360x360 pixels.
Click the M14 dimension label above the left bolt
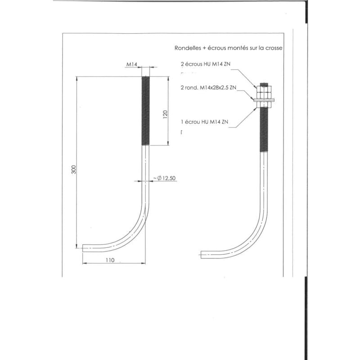pyautogui.click(x=131, y=65)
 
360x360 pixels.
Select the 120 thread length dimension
pyautogui.click(x=166, y=115)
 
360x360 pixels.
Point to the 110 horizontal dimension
pyautogui.click(x=110, y=260)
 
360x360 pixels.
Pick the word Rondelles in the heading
pyautogui.click(x=188, y=47)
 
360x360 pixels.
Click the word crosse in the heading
pyautogui.click(x=274, y=47)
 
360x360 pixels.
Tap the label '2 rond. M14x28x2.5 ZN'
pyautogui.click(x=207, y=88)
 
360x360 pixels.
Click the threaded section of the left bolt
pyautogui.click(x=146, y=110)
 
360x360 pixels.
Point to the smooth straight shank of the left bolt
pyautogui.click(x=146, y=180)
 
